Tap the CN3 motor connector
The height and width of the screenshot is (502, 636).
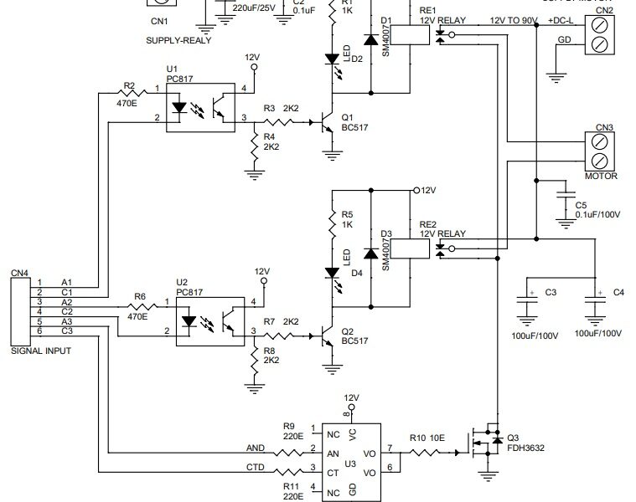[x=599, y=151]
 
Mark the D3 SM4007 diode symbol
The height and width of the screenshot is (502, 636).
[x=369, y=252]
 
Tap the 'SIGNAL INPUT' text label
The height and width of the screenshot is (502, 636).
[x=40, y=351]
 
